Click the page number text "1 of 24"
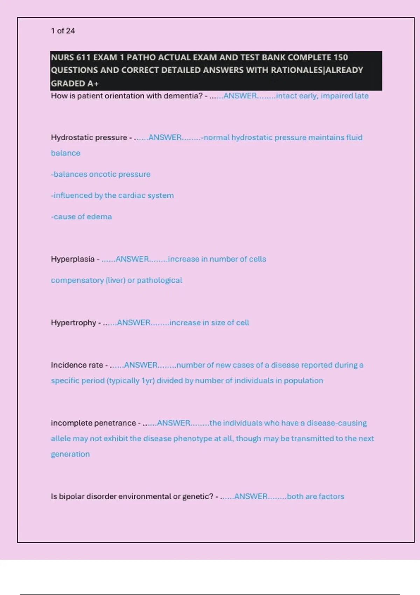pyautogui.click(x=63, y=31)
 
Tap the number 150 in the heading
pyautogui.click(x=341, y=57)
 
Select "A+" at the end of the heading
pyautogui.click(x=93, y=84)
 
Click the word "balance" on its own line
pyautogui.click(x=65, y=153)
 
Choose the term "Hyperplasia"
pyautogui.click(x=73, y=259)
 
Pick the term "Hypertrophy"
pyautogui.click(x=73, y=323)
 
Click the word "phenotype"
pyautogui.click(x=190, y=439)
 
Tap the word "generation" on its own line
pyautogui.click(x=70, y=454)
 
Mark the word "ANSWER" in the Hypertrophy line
pyautogui.click(x=134, y=323)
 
